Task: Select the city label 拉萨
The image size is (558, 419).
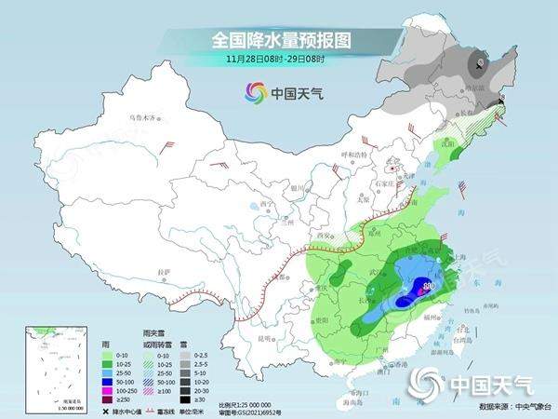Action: point(165,271)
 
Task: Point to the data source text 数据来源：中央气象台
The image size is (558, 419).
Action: point(511,407)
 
